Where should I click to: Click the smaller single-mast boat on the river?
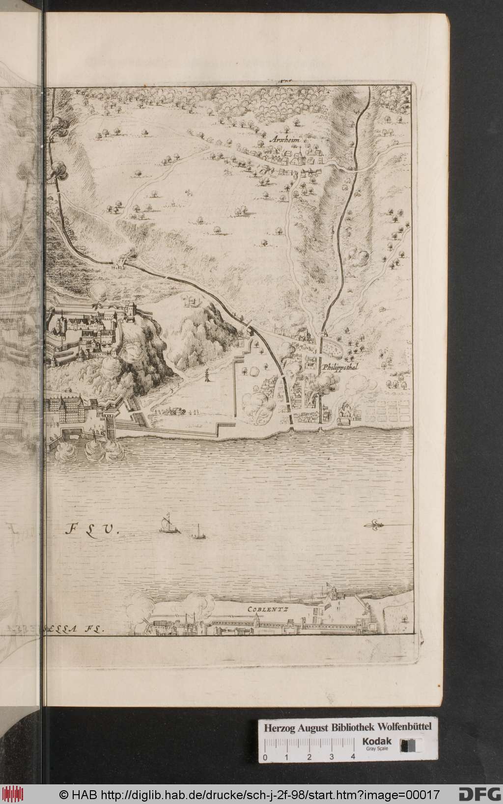click(198, 532)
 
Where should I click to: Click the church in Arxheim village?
click(298, 157)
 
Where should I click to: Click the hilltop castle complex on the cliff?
click(93, 329)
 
